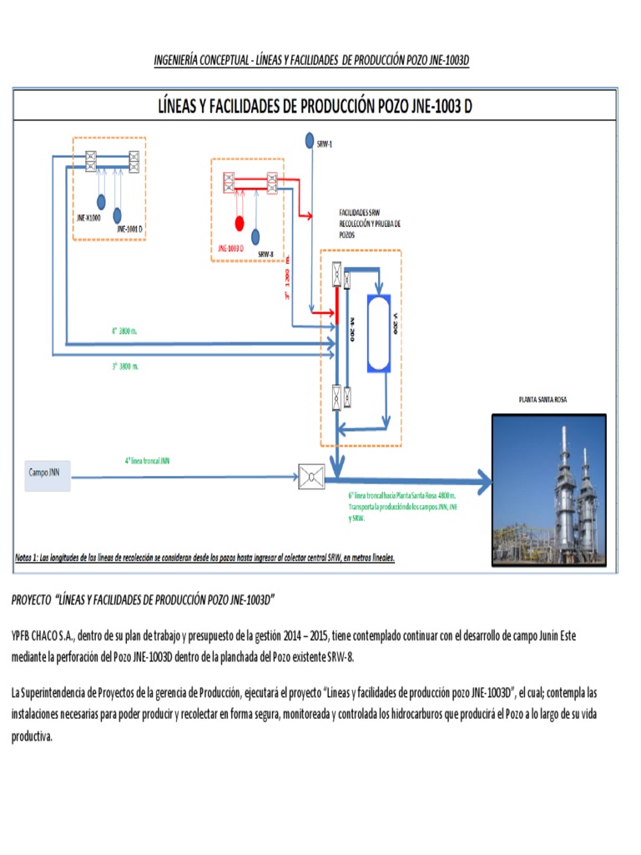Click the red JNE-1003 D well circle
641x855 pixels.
tap(239, 223)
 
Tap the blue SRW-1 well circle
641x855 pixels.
tap(309, 139)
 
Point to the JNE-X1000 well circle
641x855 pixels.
tap(100, 201)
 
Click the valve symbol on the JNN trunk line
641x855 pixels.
tap(311, 477)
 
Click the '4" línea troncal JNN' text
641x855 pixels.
tap(147, 460)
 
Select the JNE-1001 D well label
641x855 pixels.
tap(130, 229)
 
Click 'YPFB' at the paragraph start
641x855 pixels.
tap(22, 636)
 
